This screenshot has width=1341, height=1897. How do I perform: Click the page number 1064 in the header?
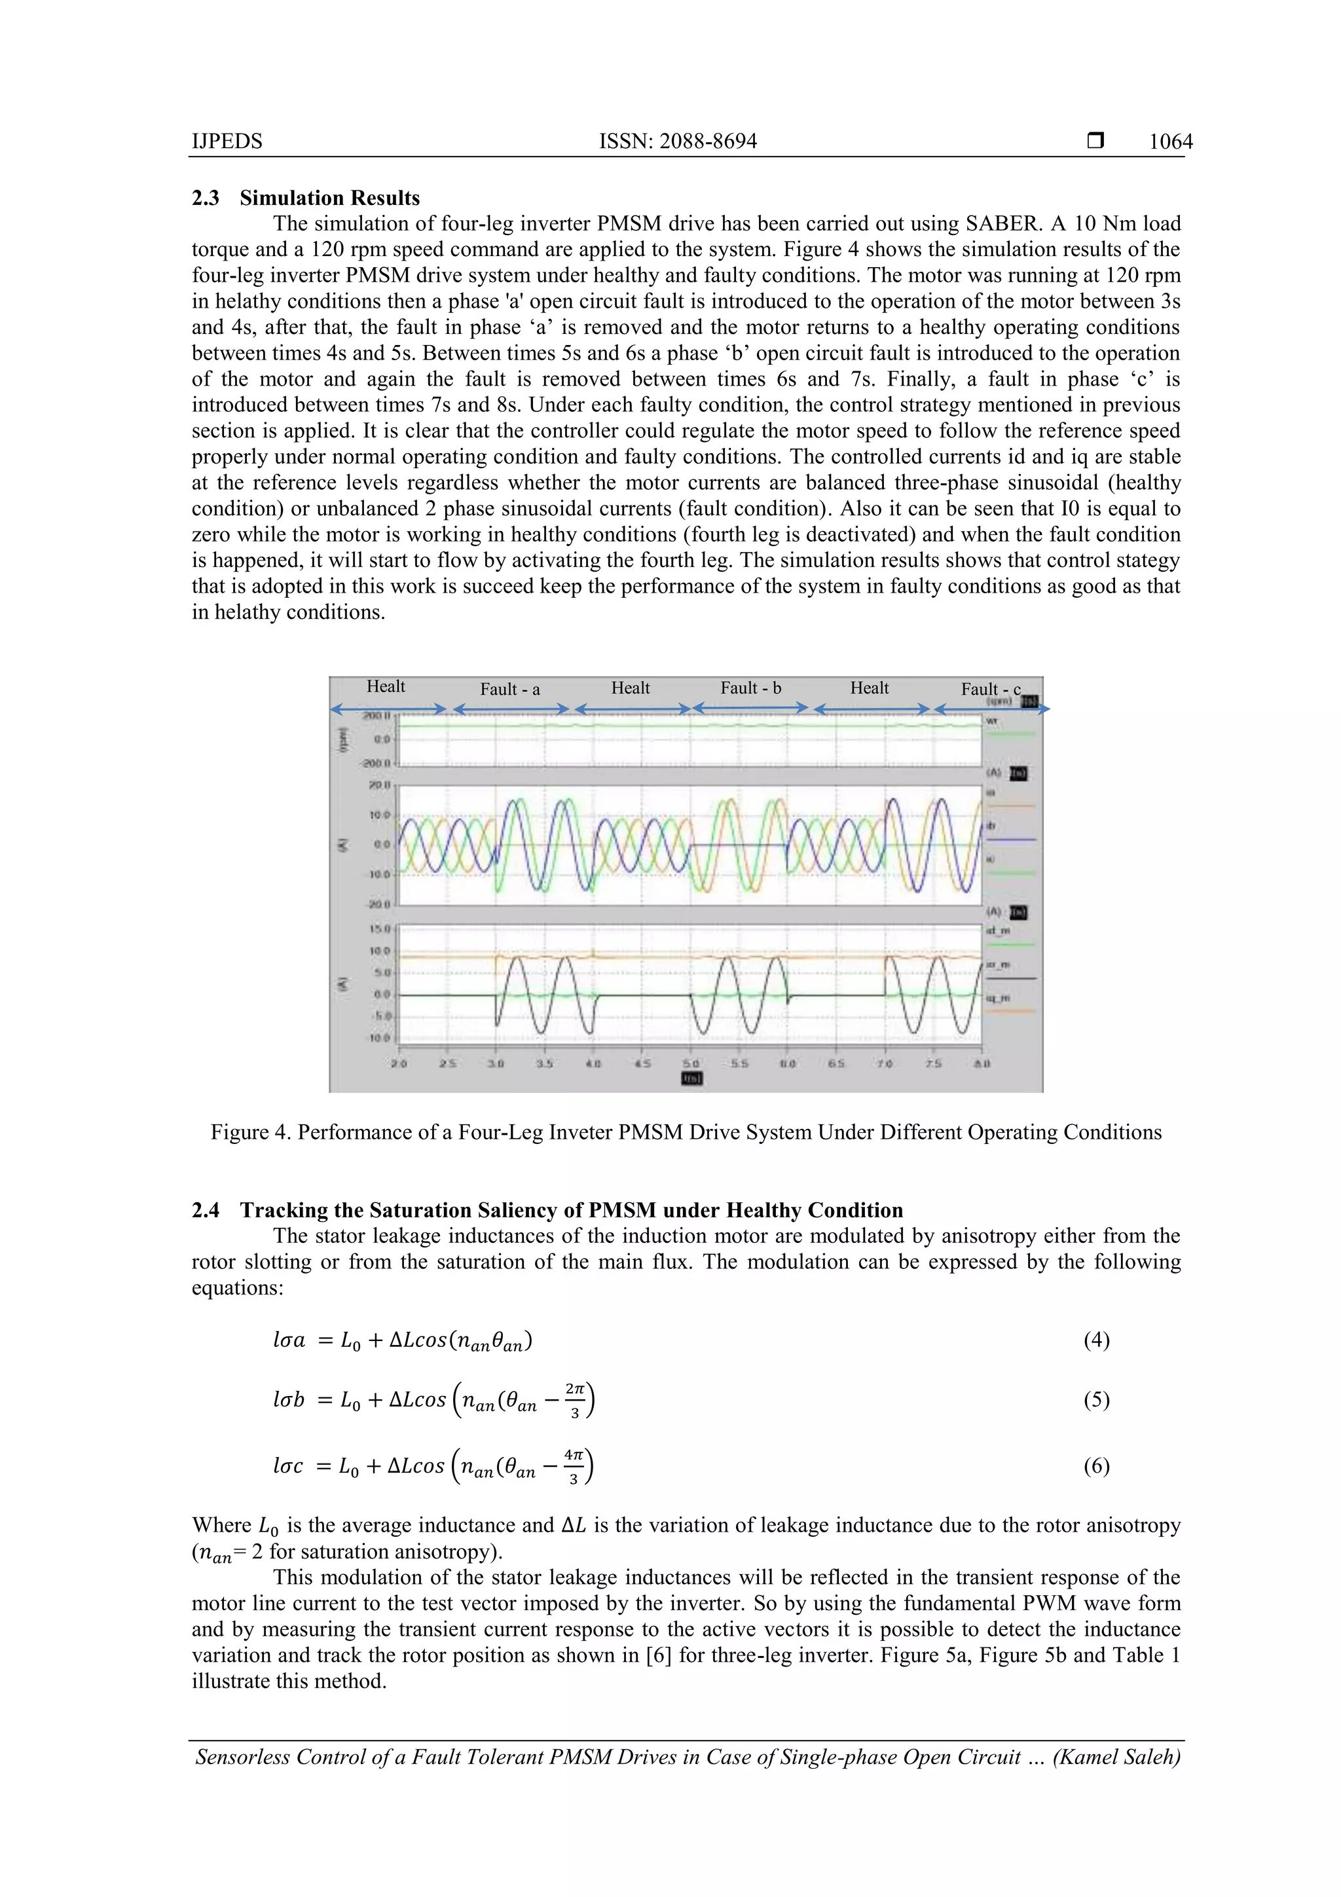coord(1170,141)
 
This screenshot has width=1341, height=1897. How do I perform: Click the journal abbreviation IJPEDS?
coord(227,141)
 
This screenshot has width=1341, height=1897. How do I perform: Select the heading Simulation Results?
coord(329,198)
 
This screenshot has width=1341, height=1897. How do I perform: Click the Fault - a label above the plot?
coord(510,689)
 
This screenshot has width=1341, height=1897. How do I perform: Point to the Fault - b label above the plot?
coord(750,688)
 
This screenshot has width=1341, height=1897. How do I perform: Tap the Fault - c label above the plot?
coord(990,689)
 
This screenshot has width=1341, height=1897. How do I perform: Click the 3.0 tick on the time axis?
coord(496,1063)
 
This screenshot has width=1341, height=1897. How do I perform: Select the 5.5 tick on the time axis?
coord(739,1063)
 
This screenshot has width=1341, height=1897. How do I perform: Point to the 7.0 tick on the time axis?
coord(885,1063)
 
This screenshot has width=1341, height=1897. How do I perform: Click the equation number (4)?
coord(1095,1339)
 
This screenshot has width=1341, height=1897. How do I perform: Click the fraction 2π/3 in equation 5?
coord(575,1399)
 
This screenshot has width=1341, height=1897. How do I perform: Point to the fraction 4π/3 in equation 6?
coord(574,1465)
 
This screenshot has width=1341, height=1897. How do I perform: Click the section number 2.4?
coord(206,1210)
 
